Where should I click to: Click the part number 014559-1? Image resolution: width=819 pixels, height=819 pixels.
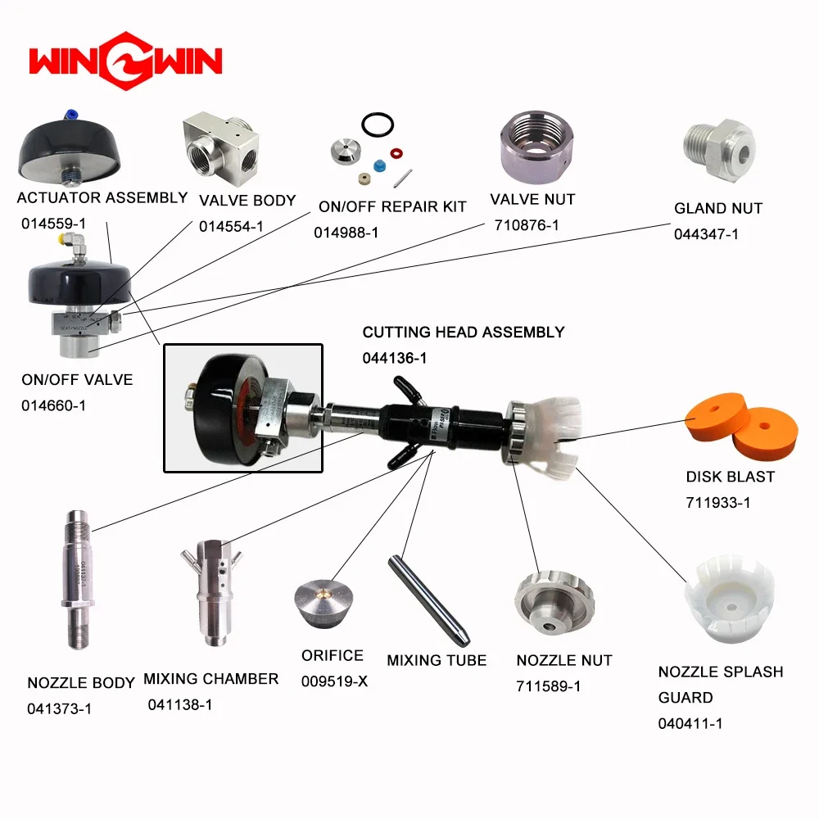point(53,223)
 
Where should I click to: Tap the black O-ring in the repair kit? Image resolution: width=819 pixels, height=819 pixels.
point(376,127)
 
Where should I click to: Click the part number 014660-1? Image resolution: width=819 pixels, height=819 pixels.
point(53,405)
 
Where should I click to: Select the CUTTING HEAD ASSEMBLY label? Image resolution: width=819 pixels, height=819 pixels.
point(464,332)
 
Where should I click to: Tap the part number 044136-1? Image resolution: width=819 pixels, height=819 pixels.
point(395,358)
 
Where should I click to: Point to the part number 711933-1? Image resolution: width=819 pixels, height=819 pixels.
point(718,502)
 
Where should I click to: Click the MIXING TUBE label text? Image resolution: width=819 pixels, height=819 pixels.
point(437,660)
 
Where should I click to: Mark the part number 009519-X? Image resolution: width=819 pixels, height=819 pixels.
point(334,681)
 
